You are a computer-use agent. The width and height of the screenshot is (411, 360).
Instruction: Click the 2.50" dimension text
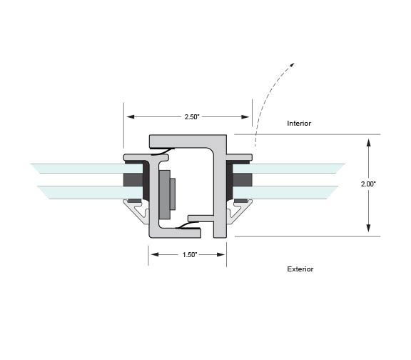[x=192, y=116]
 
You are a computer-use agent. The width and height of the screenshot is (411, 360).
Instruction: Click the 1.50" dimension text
[x=190, y=255]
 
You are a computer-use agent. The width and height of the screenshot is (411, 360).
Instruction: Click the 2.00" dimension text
[x=368, y=184]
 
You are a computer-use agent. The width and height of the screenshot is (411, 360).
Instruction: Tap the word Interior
[x=299, y=124]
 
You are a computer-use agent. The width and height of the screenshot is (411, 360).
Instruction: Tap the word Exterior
[x=300, y=269]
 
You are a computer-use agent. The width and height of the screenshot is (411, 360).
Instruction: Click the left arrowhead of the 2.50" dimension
[x=131, y=116]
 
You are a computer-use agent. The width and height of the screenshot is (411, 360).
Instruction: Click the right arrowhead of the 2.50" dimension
[x=245, y=116]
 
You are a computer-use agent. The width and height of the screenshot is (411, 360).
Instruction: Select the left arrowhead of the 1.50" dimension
[x=155, y=254]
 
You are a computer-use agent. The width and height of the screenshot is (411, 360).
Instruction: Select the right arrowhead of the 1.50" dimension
[x=220, y=254]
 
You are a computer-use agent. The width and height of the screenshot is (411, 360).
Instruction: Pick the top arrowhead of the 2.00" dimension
[x=368, y=143]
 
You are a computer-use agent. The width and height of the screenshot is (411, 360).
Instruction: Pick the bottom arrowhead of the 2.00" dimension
[x=368, y=228]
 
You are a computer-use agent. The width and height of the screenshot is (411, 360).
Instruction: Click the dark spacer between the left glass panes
[x=133, y=179]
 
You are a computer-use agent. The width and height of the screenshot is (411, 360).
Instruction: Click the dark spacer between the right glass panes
[x=243, y=179]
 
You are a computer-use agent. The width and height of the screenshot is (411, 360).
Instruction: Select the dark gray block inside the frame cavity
[x=165, y=194]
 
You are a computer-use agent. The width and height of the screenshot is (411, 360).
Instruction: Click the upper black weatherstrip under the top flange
[x=163, y=151]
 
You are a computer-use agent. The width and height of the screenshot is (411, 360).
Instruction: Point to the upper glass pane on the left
[x=86, y=169]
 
